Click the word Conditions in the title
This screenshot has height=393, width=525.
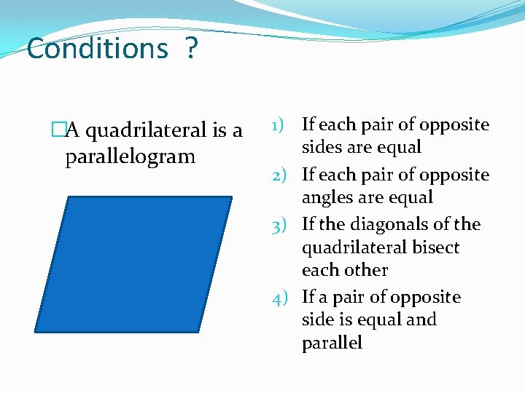(97, 49)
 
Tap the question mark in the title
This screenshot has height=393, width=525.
(191, 49)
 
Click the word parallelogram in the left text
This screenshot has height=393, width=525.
(130, 156)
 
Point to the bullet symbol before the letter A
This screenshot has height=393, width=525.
(58, 131)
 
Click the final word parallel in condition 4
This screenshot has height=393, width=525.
(332, 344)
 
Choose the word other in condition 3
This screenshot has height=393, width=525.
(367, 270)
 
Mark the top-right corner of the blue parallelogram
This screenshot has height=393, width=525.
(231, 197)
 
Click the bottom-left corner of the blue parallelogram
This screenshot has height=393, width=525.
(36, 332)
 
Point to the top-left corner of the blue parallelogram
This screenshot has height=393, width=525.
(69, 197)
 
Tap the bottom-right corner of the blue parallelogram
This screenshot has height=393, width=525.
(199, 332)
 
